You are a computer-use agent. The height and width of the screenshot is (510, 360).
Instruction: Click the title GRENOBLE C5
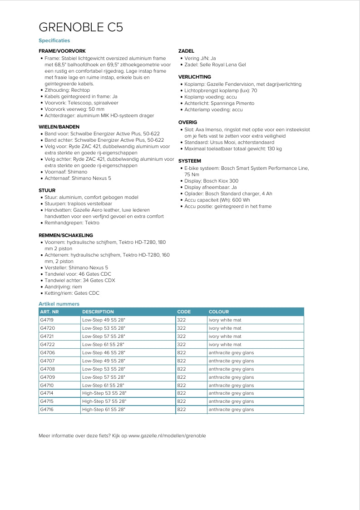(x=81, y=27)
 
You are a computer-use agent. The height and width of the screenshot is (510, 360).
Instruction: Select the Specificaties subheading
(x=54, y=41)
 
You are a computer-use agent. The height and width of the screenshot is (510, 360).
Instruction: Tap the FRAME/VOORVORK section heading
(x=62, y=51)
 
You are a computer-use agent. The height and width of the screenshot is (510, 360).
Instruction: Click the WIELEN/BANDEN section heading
(x=59, y=127)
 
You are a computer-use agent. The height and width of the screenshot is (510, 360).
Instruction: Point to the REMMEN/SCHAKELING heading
(x=66, y=235)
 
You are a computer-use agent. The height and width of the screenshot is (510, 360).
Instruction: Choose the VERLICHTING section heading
(x=195, y=77)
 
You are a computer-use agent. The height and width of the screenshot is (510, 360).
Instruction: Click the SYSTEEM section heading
(x=190, y=161)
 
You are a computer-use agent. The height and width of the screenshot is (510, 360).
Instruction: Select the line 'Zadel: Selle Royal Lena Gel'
(x=215, y=65)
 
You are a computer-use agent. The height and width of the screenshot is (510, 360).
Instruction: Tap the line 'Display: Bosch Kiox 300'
(x=211, y=181)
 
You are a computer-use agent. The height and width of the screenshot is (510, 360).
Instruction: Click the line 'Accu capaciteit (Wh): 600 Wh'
(x=217, y=200)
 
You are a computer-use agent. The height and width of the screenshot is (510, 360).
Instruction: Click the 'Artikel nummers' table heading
(x=59, y=304)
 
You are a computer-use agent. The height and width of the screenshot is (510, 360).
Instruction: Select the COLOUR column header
(x=219, y=312)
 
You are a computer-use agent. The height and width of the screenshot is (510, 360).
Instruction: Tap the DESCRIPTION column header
(x=98, y=312)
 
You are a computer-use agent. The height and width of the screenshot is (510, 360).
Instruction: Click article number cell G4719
(x=47, y=320)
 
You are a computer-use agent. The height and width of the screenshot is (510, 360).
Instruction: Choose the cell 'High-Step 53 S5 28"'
(x=104, y=393)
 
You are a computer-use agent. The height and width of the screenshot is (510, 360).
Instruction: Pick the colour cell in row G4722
(x=225, y=345)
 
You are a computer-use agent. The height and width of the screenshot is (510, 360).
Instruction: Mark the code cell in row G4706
(x=182, y=353)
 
